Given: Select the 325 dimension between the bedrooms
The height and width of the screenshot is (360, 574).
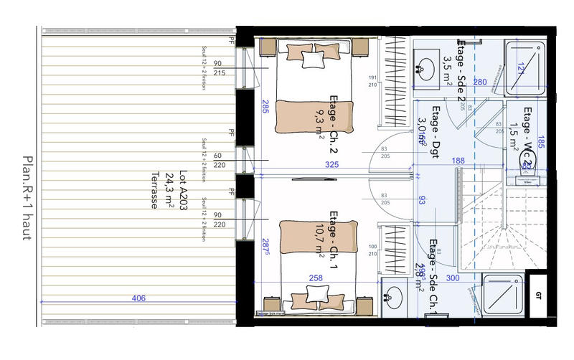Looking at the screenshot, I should pos(331,164).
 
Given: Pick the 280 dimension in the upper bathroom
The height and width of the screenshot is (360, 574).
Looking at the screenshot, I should pos(480,82).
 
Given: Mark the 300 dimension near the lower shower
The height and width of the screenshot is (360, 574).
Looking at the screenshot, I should pos(453,277).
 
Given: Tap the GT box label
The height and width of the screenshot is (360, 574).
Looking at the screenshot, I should pos(539,295).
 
